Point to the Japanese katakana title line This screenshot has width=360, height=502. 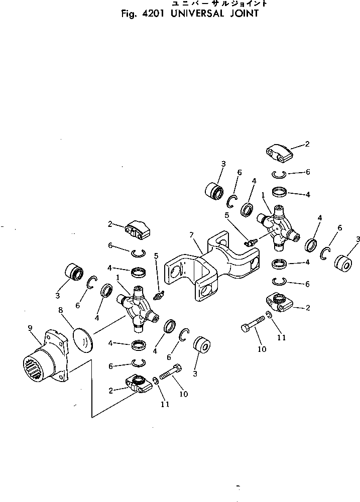213,4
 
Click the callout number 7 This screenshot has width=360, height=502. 191,234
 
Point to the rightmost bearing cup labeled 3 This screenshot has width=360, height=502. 343,263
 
